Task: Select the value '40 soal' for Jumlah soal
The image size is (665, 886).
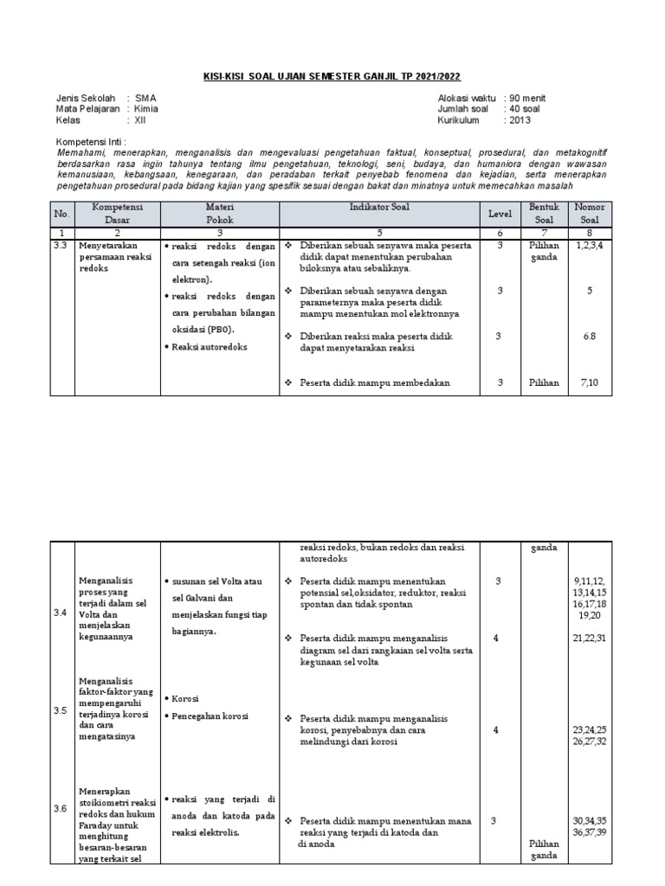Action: coord(525,109)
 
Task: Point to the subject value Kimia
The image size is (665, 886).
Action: coord(146,109)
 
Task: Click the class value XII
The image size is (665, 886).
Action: coord(141,121)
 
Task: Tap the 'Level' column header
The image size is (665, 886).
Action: coord(498,214)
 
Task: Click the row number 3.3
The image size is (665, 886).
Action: coord(60,247)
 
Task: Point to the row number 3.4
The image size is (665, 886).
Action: coord(60,613)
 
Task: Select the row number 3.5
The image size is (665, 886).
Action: coord(60,710)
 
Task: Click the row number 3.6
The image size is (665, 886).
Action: coord(60,808)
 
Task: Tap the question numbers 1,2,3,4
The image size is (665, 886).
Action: coord(589,247)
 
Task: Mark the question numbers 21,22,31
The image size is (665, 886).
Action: coord(590,638)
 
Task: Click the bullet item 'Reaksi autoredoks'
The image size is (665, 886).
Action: coord(210,346)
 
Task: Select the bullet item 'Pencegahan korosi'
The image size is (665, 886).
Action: coord(210,716)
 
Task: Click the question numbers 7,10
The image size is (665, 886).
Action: coord(589,382)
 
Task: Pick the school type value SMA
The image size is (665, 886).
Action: coord(146,98)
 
